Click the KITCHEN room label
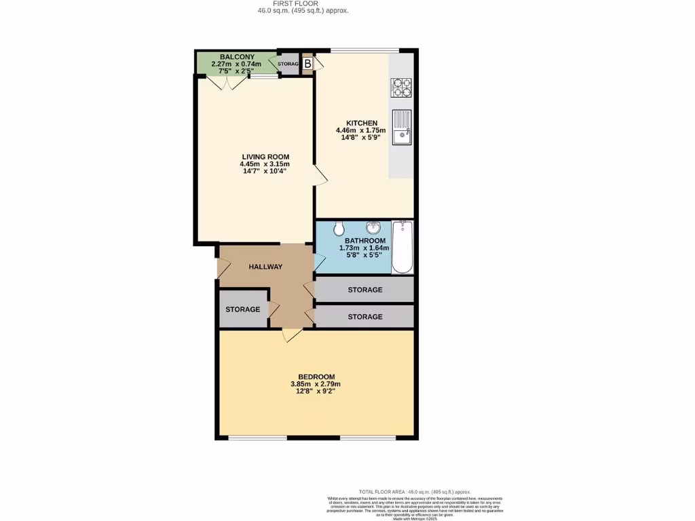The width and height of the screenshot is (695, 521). point(361,123)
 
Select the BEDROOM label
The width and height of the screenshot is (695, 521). point(317,377)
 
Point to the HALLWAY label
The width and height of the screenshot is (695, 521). point(265,267)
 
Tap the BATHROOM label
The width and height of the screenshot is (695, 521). point(365,241)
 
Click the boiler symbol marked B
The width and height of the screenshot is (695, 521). point(307,64)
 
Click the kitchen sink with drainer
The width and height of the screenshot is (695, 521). point(402,128)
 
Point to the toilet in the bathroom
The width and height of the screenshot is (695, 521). point(339,230)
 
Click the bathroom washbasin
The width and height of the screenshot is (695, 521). point(373,227)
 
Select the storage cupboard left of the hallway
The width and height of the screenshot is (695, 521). point(243,309)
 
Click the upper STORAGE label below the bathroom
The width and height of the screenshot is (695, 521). point(365,290)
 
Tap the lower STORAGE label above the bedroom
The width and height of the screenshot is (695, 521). point(365,317)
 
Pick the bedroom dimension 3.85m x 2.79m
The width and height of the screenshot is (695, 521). point(317,385)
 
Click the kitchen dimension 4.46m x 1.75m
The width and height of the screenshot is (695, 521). point(361,130)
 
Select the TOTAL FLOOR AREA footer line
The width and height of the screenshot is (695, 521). point(414,492)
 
